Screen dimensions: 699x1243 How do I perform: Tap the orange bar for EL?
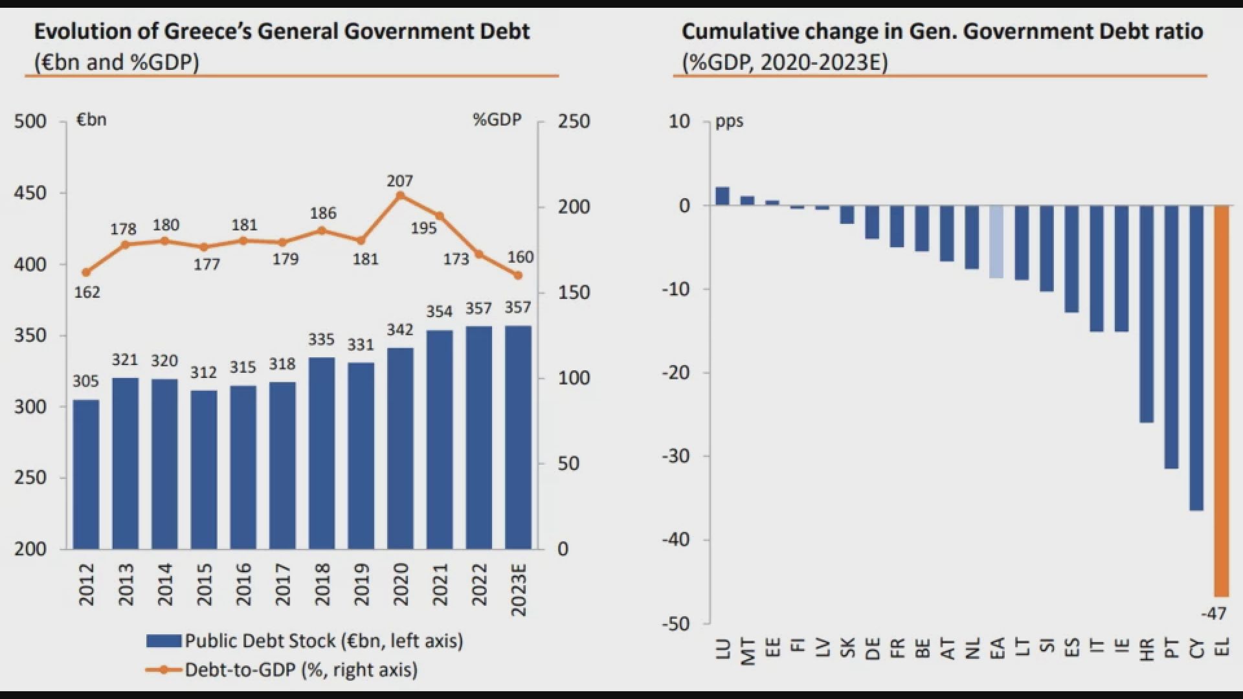1221,401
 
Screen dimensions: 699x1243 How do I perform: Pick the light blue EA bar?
996,241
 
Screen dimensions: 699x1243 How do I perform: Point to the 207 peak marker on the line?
400,195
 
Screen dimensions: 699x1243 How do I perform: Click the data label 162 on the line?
87,293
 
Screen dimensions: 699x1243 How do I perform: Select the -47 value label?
1213,613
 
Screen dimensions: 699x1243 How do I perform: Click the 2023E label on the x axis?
519,590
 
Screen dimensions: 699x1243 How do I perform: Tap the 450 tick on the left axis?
30,193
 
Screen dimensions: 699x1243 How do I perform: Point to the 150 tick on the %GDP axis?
574,293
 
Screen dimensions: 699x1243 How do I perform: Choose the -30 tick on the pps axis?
676,456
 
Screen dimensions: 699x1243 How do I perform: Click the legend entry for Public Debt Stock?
304,641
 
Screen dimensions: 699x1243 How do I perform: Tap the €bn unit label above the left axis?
91,120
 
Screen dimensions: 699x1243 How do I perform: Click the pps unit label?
729,121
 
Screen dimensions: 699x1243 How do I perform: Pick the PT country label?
1172,649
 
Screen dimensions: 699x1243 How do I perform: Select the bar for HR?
1147,314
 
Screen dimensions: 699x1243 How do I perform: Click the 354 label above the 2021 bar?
439,312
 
